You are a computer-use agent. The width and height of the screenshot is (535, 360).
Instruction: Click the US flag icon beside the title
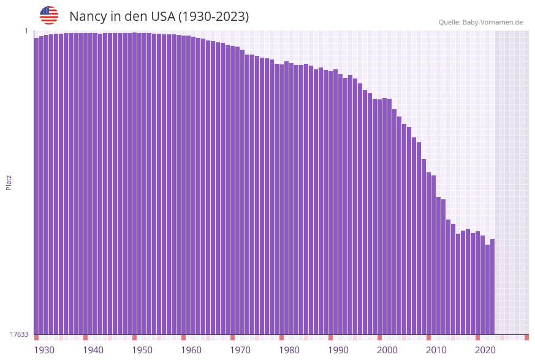[49, 15]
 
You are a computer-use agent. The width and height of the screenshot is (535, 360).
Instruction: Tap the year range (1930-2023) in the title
[213, 17]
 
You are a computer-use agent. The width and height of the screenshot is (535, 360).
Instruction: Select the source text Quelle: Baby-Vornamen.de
[480, 23]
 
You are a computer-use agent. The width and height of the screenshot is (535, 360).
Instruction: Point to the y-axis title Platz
[9, 183]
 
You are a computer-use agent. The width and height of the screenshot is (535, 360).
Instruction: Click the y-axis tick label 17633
[19, 334]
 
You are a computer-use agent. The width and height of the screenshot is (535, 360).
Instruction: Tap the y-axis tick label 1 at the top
[26, 31]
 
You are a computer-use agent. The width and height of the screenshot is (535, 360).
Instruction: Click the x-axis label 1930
[44, 350]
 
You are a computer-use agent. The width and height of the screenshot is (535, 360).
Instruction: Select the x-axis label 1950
[142, 350]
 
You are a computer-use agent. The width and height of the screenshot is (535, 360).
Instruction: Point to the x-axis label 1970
[240, 350]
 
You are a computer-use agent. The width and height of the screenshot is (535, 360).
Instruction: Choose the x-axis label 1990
[338, 350]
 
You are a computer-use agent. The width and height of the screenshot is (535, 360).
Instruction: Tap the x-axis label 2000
[387, 350]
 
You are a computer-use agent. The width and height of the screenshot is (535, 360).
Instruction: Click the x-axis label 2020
[485, 350]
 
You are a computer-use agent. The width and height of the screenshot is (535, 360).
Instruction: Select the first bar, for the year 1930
[36, 184]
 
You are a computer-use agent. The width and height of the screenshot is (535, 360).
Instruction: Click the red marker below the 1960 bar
[183, 337]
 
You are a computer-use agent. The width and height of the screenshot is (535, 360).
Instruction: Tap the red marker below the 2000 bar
[379, 337]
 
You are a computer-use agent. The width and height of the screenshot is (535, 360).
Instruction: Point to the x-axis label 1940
[93, 350]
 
